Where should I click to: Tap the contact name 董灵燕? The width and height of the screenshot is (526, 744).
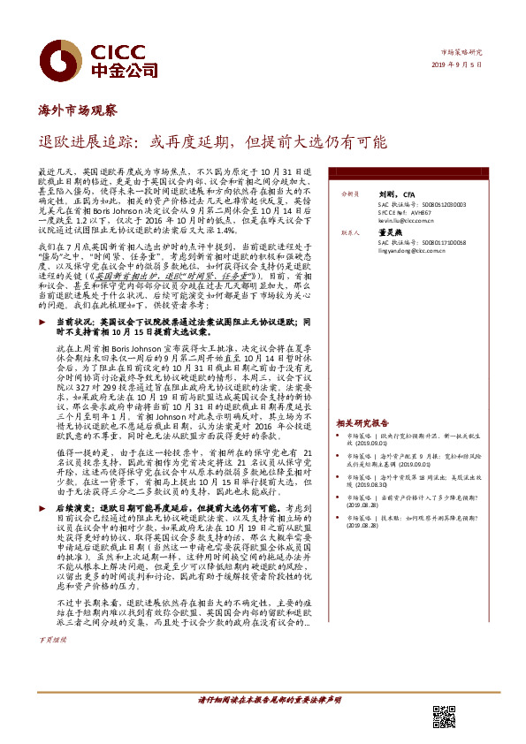pyautogui.click(x=392, y=234)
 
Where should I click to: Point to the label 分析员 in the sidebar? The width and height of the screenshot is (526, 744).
pyautogui.click(x=350, y=194)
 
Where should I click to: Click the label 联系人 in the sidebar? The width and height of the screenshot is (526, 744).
pyautogui.click(x=350, y=234)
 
